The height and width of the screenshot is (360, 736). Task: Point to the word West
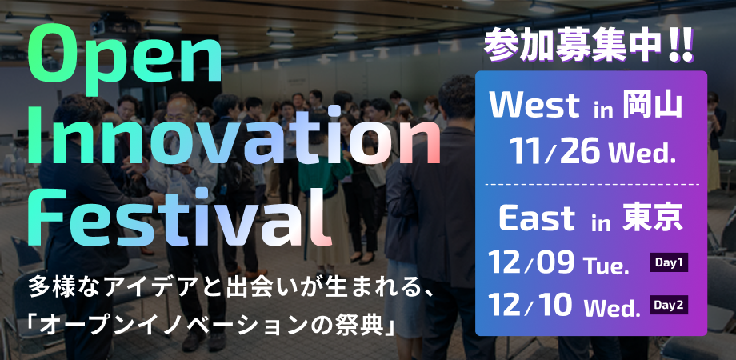(535, 106)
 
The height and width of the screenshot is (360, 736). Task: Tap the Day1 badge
(669, 262)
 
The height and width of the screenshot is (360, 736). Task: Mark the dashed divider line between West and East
(591, 185)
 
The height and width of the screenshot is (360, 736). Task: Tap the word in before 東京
(601, 221)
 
